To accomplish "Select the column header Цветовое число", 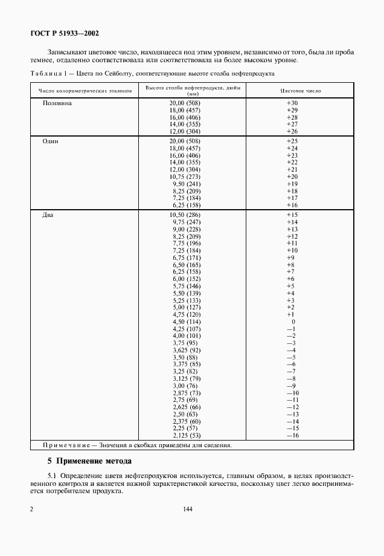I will [301, 90].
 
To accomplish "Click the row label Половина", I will [57, 103].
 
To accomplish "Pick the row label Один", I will [50, 141].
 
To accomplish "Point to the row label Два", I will [48, 215].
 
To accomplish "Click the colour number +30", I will [292, 103].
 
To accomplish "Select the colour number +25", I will [292, 141].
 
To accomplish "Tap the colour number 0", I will [293, 322].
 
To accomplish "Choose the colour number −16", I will [292, 435].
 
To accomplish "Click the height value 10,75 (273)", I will [185, 176].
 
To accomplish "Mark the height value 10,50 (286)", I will [185, 215].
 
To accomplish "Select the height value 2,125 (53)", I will [187, 435].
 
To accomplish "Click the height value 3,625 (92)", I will [187, 350].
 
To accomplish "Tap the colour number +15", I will [292, 215].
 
